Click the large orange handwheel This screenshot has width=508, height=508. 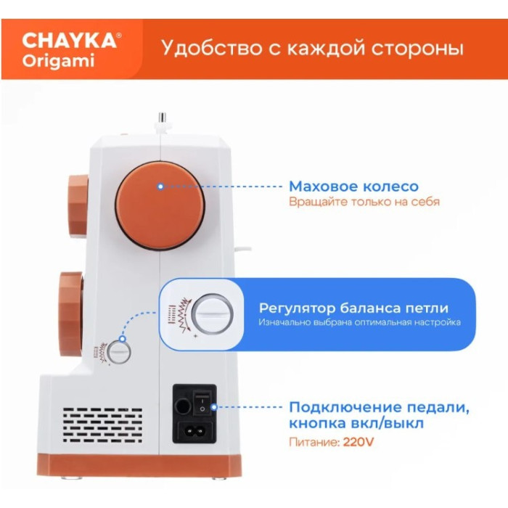coord(160,205)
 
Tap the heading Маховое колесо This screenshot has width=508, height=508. coord(353,187)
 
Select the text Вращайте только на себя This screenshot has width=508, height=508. coord(364,202)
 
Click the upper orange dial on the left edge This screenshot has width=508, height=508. coord(75,205)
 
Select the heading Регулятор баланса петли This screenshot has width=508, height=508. coord(353,308)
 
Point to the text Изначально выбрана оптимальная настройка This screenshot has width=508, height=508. coord(359,322)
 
